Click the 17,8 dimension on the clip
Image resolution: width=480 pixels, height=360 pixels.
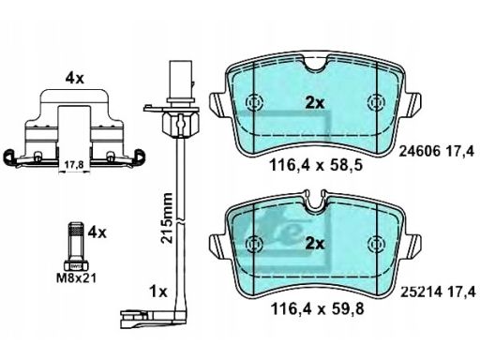74,165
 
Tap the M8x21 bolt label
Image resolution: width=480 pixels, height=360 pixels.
76,277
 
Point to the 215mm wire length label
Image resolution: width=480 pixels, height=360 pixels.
166,218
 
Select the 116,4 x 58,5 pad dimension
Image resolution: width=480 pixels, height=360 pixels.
316,165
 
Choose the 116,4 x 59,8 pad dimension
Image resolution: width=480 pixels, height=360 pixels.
317,308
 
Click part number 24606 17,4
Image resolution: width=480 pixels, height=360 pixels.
437,152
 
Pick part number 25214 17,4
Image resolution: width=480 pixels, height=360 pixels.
438,292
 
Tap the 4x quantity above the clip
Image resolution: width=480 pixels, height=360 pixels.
75,78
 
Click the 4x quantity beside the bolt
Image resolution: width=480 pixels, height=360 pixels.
97,232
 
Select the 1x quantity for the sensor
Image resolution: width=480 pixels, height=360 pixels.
158,292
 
